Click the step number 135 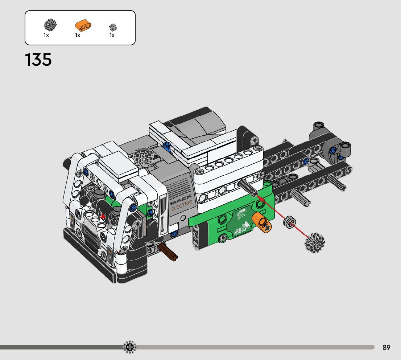(x=38, y=60)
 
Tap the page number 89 (x=386, y=347)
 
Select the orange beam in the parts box (x=83, y=25)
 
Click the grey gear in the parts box (x=50, y=25)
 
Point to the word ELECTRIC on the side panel (x=182, y=205)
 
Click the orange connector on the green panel (x=261, y=222)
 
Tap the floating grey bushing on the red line (x=290, y=222)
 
